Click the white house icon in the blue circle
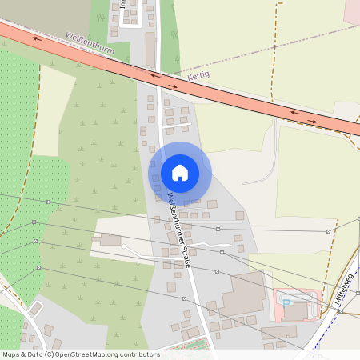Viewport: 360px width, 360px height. tap(180, 173)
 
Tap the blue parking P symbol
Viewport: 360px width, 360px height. tap(286, 302)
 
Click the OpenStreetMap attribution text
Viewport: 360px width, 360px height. tap(81, 354)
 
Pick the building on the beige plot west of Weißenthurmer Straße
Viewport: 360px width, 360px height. tap(110, 239)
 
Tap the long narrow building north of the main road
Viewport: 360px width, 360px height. tap(150, 49)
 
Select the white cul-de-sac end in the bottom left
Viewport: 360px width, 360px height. tap(35, 306)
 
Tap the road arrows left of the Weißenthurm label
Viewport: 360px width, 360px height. tap(38, 38)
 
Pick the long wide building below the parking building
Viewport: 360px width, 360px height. tap(279, 331)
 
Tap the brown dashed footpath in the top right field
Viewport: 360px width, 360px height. tap(280, 32)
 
